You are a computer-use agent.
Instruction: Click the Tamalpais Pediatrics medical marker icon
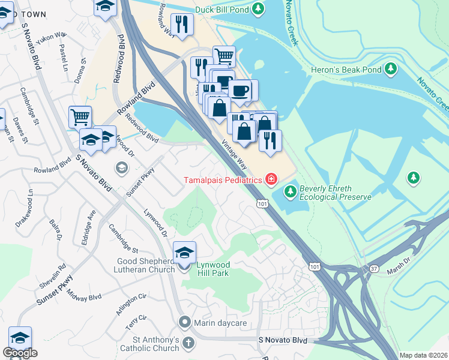[x=271, y=179]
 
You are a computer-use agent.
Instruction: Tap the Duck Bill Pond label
[x=221, y=8]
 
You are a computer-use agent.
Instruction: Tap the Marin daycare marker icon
[x=185, y=323]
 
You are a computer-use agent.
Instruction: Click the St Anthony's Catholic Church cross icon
[x=188, y=344]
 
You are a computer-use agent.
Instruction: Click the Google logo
[x=20, y=353]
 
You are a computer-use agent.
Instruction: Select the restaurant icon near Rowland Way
[x=181, y=25]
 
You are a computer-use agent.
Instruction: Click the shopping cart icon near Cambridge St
[x=80, y=116]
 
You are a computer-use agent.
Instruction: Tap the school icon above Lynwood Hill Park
[x=184, y=252]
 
